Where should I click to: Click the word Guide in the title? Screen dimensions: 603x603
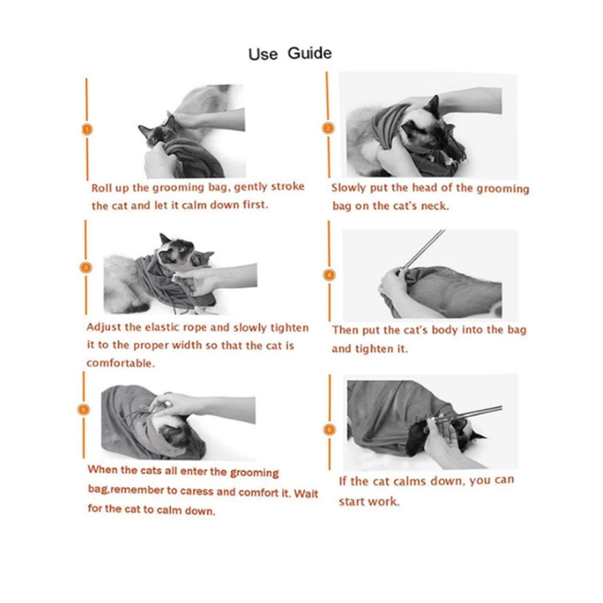click(x=309, y=52)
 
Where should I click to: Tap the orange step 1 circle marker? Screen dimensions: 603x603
click(x=87, y=130)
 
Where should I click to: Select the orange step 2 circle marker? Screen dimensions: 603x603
click(x=328, y=128)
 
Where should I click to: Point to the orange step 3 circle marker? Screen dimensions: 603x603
click(x=86, y=268)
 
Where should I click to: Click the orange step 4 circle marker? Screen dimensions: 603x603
click(x=330, y=274)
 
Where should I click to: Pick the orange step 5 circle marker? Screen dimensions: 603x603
click(x=84, y=409)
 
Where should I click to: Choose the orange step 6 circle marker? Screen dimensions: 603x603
click(x=330, y=429)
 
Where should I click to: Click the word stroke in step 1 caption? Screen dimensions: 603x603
click(x=288, y=186)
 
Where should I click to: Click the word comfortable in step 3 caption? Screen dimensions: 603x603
click(x=121, y=363)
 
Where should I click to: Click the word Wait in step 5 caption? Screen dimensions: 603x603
click(x=306, y=493)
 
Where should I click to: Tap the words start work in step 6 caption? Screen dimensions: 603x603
click(x=369, y=502)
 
